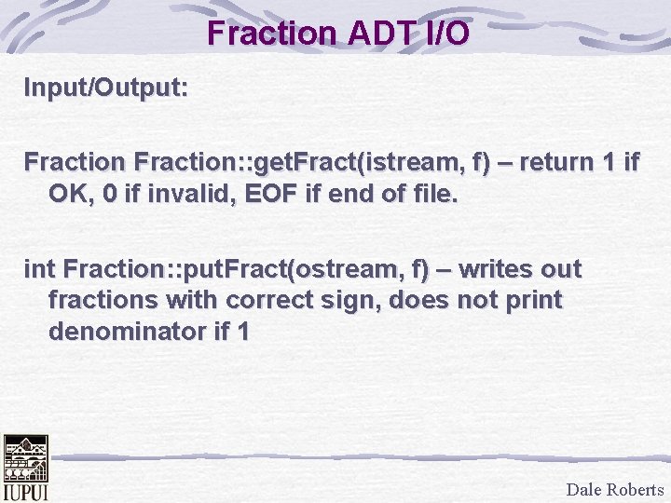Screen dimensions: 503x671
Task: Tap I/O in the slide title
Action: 446,33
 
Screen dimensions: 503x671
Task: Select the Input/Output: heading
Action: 106,89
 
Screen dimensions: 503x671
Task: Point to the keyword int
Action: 39,270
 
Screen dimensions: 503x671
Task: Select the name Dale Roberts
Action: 615,489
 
